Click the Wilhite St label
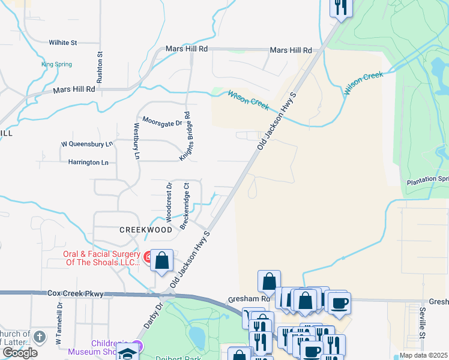point(63,43)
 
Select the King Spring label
point(56,64)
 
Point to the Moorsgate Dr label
point(161,122)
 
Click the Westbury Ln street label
point(137,141)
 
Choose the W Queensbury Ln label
point(87,144)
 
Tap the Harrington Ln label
point(88,162)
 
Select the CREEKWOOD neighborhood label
point(146,229)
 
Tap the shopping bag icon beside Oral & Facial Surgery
point(161,260)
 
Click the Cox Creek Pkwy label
point(76,294)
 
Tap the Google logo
point(20,352)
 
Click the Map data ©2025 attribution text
point(423,355)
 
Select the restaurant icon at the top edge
point(340,7)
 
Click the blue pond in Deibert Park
point(196,334)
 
